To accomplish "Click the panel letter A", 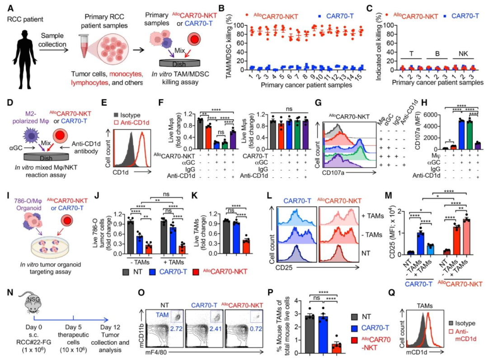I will [x=9, y=8].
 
